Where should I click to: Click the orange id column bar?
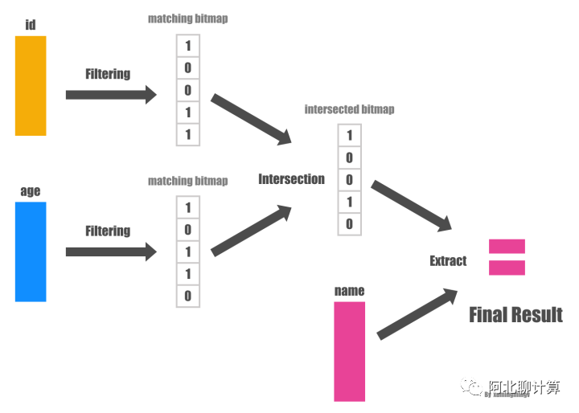31,85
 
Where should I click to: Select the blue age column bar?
31,251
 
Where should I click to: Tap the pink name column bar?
349,351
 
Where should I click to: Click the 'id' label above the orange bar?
31,25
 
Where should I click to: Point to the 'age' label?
31,191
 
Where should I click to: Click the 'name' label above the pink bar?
349,291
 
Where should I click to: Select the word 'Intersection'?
291,179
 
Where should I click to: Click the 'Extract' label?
448,260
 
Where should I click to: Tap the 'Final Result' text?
515,314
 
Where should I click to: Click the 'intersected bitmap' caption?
349,109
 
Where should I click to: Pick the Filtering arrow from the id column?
111,95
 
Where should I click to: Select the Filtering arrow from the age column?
111,251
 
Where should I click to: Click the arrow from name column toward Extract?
417,314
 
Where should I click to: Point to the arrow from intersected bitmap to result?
412,206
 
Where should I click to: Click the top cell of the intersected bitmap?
349,137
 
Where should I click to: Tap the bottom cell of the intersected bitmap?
349,224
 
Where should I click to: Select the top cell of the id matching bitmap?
188,46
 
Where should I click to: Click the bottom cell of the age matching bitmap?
188,296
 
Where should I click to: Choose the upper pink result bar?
507,246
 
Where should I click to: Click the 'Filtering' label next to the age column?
108,231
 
